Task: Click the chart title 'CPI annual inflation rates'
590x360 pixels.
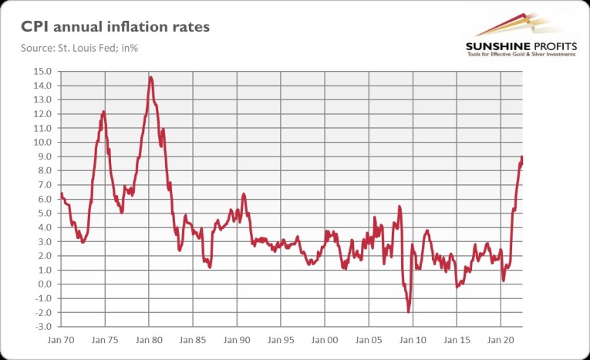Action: tap(113, 28)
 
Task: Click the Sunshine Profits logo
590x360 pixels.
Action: tap(513, 34)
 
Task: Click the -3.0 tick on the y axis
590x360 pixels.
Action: tap(42, 327)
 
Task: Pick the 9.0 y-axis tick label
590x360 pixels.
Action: tap(43, 156)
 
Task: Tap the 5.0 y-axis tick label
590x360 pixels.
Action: tap(43, 214)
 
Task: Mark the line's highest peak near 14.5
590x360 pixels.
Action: tap(150, 77)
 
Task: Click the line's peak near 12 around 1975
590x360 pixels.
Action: tap(103, 112)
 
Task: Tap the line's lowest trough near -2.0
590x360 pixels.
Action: tap(408, 311)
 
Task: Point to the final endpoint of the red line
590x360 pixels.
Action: tap(522, 157)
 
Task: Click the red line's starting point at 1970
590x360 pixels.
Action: tap(60, 193)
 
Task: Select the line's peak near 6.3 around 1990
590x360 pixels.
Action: tap(243, 193)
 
